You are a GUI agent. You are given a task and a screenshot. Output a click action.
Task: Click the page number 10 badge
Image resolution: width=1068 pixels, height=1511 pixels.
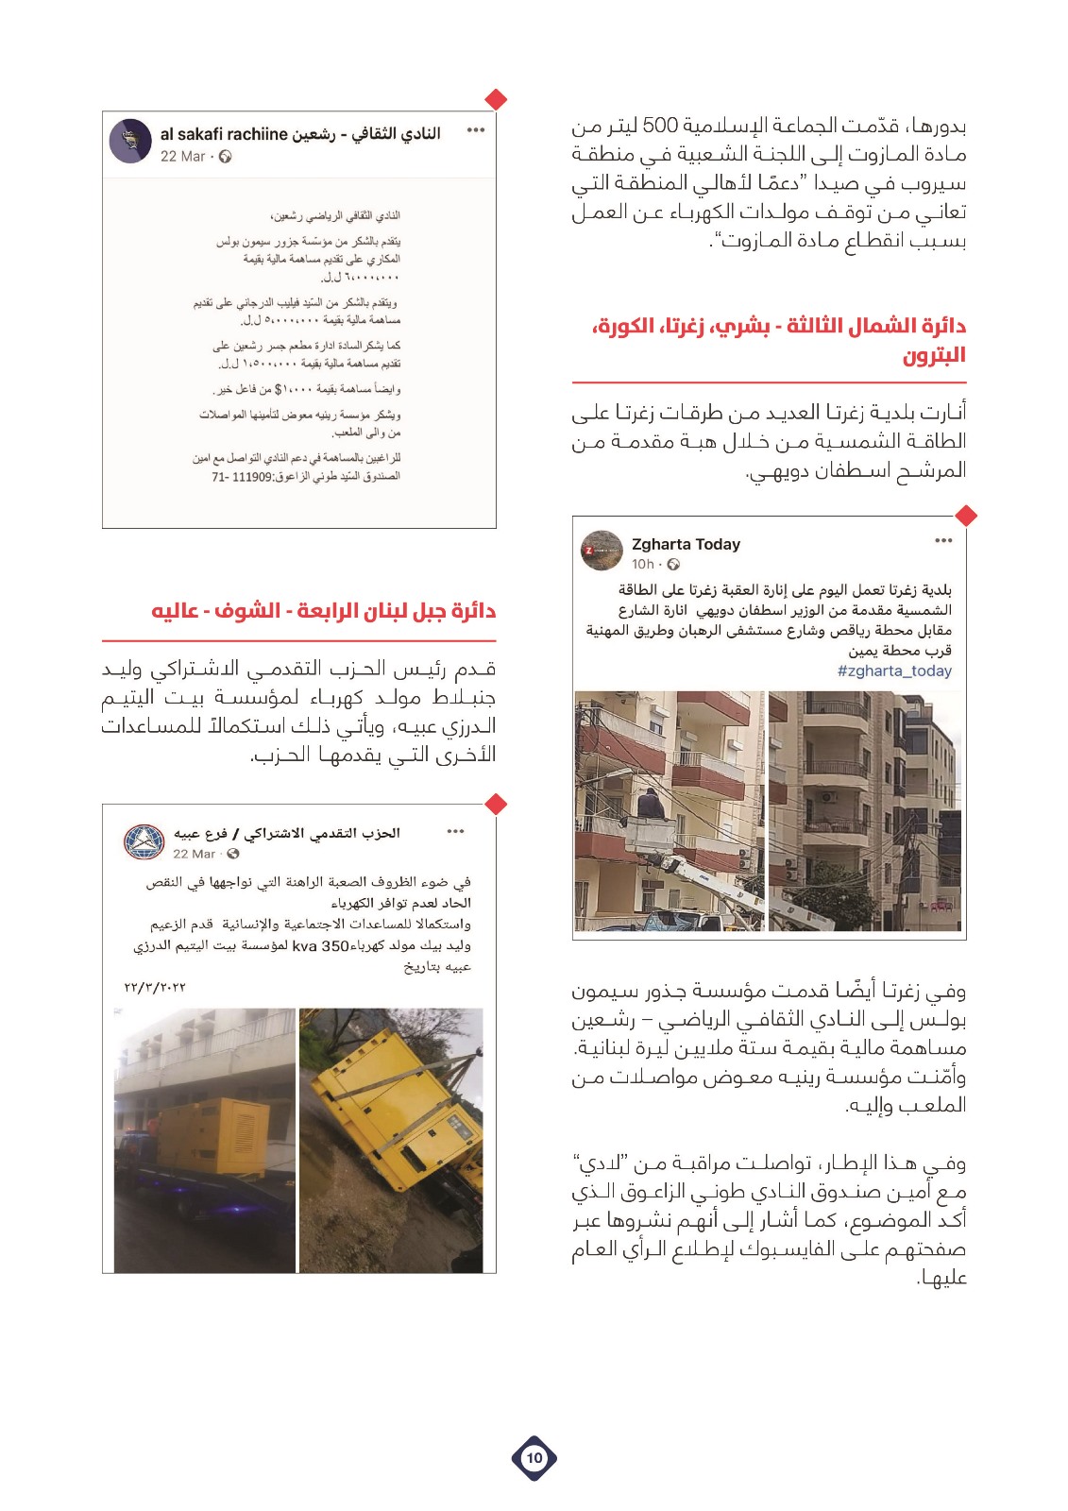click(534, 1457)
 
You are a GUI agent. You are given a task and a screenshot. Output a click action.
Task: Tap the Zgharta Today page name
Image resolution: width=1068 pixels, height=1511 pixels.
click(686, 544)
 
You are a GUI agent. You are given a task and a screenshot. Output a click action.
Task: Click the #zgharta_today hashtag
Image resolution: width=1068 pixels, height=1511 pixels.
click(894, 671)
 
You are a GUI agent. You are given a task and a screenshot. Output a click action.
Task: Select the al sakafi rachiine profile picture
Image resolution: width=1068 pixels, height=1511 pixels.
click(130, 142)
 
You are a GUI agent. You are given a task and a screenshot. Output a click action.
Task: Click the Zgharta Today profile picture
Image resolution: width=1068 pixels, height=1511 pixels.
click(601, 552)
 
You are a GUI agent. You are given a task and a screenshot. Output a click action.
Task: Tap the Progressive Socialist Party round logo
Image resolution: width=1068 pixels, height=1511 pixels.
click(144, 841)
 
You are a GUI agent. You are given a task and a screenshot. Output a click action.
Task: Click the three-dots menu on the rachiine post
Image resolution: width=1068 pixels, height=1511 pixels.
click(475, 130)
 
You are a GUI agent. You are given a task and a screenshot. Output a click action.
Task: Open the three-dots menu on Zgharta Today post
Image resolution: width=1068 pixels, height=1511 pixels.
click(943, 541)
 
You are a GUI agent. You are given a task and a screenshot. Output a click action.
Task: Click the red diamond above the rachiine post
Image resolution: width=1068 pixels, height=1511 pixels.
click(495, 99)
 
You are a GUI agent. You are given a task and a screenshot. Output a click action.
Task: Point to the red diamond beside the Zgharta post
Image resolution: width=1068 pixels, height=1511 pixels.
click(966, 516)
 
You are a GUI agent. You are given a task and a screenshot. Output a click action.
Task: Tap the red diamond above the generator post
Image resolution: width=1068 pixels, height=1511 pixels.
click(495, 804)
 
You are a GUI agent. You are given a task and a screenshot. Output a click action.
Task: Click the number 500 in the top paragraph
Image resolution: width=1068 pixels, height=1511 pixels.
click(660, 126)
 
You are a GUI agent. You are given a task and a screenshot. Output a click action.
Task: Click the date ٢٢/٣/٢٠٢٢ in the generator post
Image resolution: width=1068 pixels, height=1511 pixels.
click(155, 988)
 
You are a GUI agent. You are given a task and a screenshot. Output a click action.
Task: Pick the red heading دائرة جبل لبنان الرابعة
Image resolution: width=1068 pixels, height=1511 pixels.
click(324, 611)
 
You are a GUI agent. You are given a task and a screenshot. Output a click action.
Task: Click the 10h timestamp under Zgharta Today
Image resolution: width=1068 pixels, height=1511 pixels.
click(642, 565)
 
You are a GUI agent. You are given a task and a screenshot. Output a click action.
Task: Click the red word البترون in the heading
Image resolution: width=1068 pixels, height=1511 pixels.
click(933, 355)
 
